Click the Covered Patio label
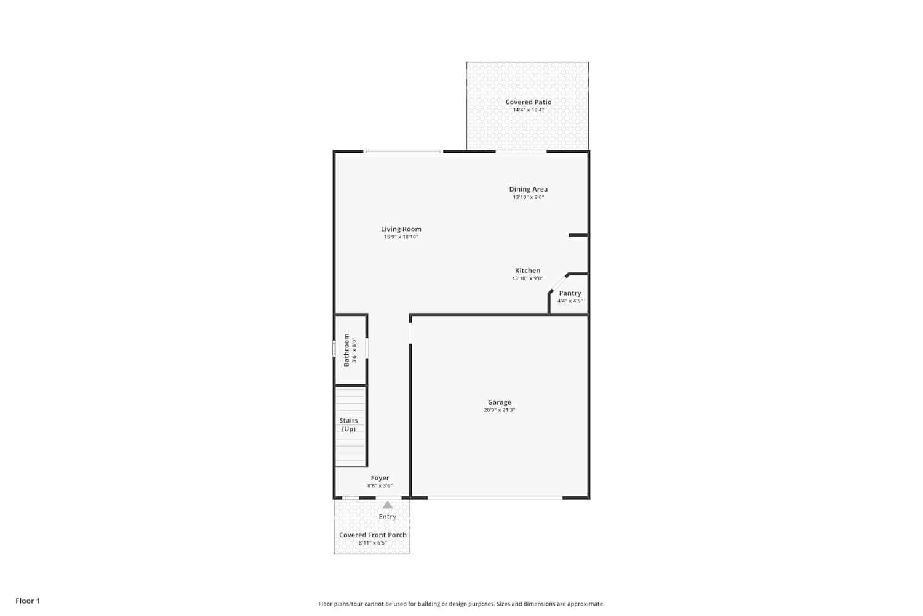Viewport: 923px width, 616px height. [528, 102]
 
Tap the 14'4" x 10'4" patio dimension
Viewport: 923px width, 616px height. [528, 110]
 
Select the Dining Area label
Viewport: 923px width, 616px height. [528, 189]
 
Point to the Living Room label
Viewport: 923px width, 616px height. [401, 229]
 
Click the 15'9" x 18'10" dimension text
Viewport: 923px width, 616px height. [401, 237]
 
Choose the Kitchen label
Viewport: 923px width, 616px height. [527, 270]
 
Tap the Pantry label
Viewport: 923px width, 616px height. [570, 293]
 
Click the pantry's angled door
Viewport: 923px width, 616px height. [558, 283]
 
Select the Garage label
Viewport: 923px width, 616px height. [499, 402]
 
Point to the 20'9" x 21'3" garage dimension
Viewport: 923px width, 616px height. [499, 410]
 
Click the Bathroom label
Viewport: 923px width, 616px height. [346, 350]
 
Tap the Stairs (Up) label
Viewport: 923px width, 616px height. [348, 424]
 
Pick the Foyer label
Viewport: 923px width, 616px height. [380, 478]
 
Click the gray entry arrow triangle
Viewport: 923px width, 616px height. [388, 505]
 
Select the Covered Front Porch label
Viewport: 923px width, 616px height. [372, 535]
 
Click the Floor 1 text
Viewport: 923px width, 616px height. [28, 601]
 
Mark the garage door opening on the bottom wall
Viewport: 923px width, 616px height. [495, 497]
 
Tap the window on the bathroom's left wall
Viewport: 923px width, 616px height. [334, 349]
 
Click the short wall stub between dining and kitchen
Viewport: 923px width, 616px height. [578, 235]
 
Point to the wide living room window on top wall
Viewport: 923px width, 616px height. [403, 152]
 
